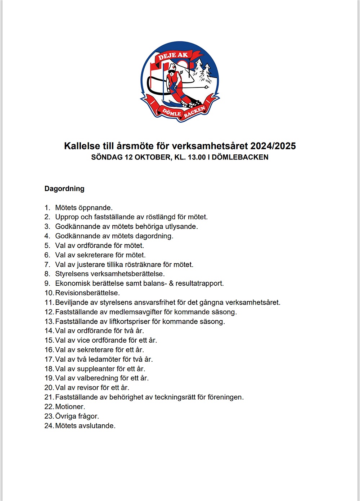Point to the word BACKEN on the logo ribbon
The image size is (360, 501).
(x=195, y=112)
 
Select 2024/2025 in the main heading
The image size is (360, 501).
(x=273, y=146)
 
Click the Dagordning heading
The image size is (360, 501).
(x=64, y=189)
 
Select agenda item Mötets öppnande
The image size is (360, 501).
(x=84, y=208)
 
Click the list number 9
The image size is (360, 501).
(x=47, y=283)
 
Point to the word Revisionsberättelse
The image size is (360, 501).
(x=87, y=293)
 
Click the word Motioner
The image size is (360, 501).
(x=70, y=407)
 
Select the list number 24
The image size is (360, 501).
(x=49, y=426)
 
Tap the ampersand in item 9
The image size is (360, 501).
(x=171, y=283)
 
